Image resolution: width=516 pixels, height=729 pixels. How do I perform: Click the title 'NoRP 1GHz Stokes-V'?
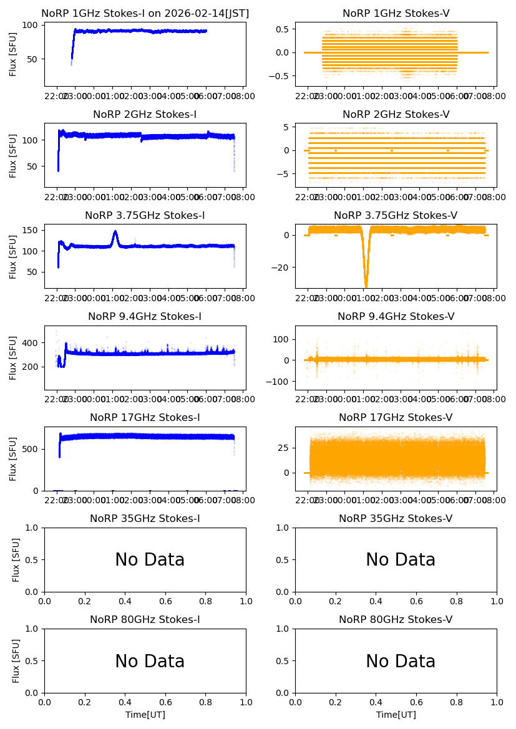click(396, 13)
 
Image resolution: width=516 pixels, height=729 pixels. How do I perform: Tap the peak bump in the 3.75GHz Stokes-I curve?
click(115, 232)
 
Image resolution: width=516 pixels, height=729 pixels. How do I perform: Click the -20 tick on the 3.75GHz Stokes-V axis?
click(285, 267)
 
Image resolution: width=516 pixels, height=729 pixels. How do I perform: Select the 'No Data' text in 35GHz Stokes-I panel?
click(150, 560)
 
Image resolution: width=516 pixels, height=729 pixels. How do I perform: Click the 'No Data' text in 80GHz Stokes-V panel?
click(401, 661)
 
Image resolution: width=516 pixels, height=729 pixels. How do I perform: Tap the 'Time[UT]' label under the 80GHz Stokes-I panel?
click(145, 715)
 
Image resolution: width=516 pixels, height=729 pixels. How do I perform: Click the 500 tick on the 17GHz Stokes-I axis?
click(32, 449)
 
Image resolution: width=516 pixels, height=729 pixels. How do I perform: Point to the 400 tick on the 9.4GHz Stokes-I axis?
click(32, 343)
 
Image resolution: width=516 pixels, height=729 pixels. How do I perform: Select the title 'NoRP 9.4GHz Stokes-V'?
click(396, 317)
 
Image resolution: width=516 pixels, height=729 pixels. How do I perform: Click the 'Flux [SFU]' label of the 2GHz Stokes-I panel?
click(13, 155)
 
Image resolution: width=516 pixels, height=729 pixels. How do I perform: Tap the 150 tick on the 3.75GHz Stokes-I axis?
click(32, 230)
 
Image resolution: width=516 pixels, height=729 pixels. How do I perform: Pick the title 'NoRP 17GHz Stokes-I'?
click(145, 418)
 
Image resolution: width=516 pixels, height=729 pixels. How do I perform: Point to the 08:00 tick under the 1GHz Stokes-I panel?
click(242, 95)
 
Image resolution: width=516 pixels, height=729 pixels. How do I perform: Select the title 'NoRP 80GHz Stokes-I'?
click(145, 620)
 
